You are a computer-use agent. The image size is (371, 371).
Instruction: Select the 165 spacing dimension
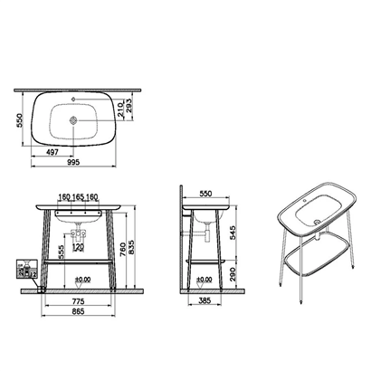88,195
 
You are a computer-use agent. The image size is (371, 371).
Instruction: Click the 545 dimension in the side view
234,233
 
